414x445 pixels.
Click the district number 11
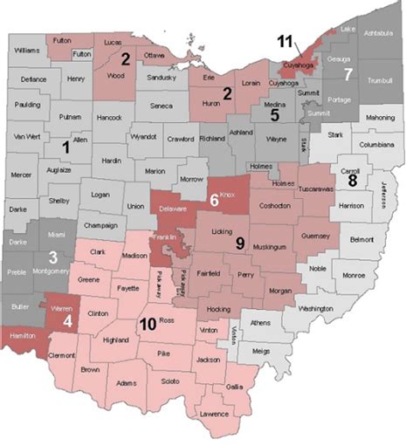[286, 41]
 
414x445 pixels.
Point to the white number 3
[52, 257]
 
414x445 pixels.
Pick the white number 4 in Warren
[68, 318]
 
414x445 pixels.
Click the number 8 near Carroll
[352, 181]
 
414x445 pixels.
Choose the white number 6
[215, 200]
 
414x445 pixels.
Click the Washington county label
[314, 309]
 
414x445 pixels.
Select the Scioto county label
[161, 381]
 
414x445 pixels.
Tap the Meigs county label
[259, 353]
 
